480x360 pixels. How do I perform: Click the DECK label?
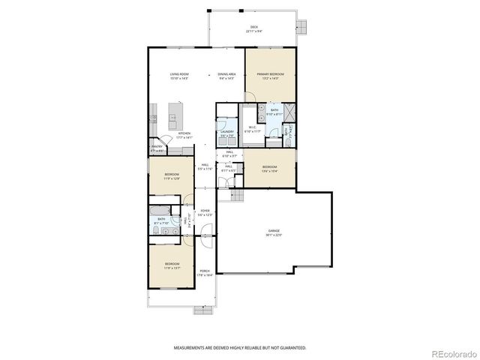pyautogui.click(x=254, y=28)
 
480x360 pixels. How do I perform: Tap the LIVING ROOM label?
pyautogui.click(x=178, y=74)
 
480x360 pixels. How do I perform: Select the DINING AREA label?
pyautogui.click(x=227, y=74)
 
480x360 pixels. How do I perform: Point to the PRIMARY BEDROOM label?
pyautogui.click(x=270, y=74)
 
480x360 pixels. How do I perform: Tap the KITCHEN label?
pyautogui.click(x=184, y=134)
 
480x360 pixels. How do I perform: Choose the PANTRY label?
pyautogui.click(x=157, y=148)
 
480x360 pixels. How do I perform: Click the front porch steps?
pyautogui.click(x=202, y=308)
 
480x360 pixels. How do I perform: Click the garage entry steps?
pyautogui.click(x=237, y=196)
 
